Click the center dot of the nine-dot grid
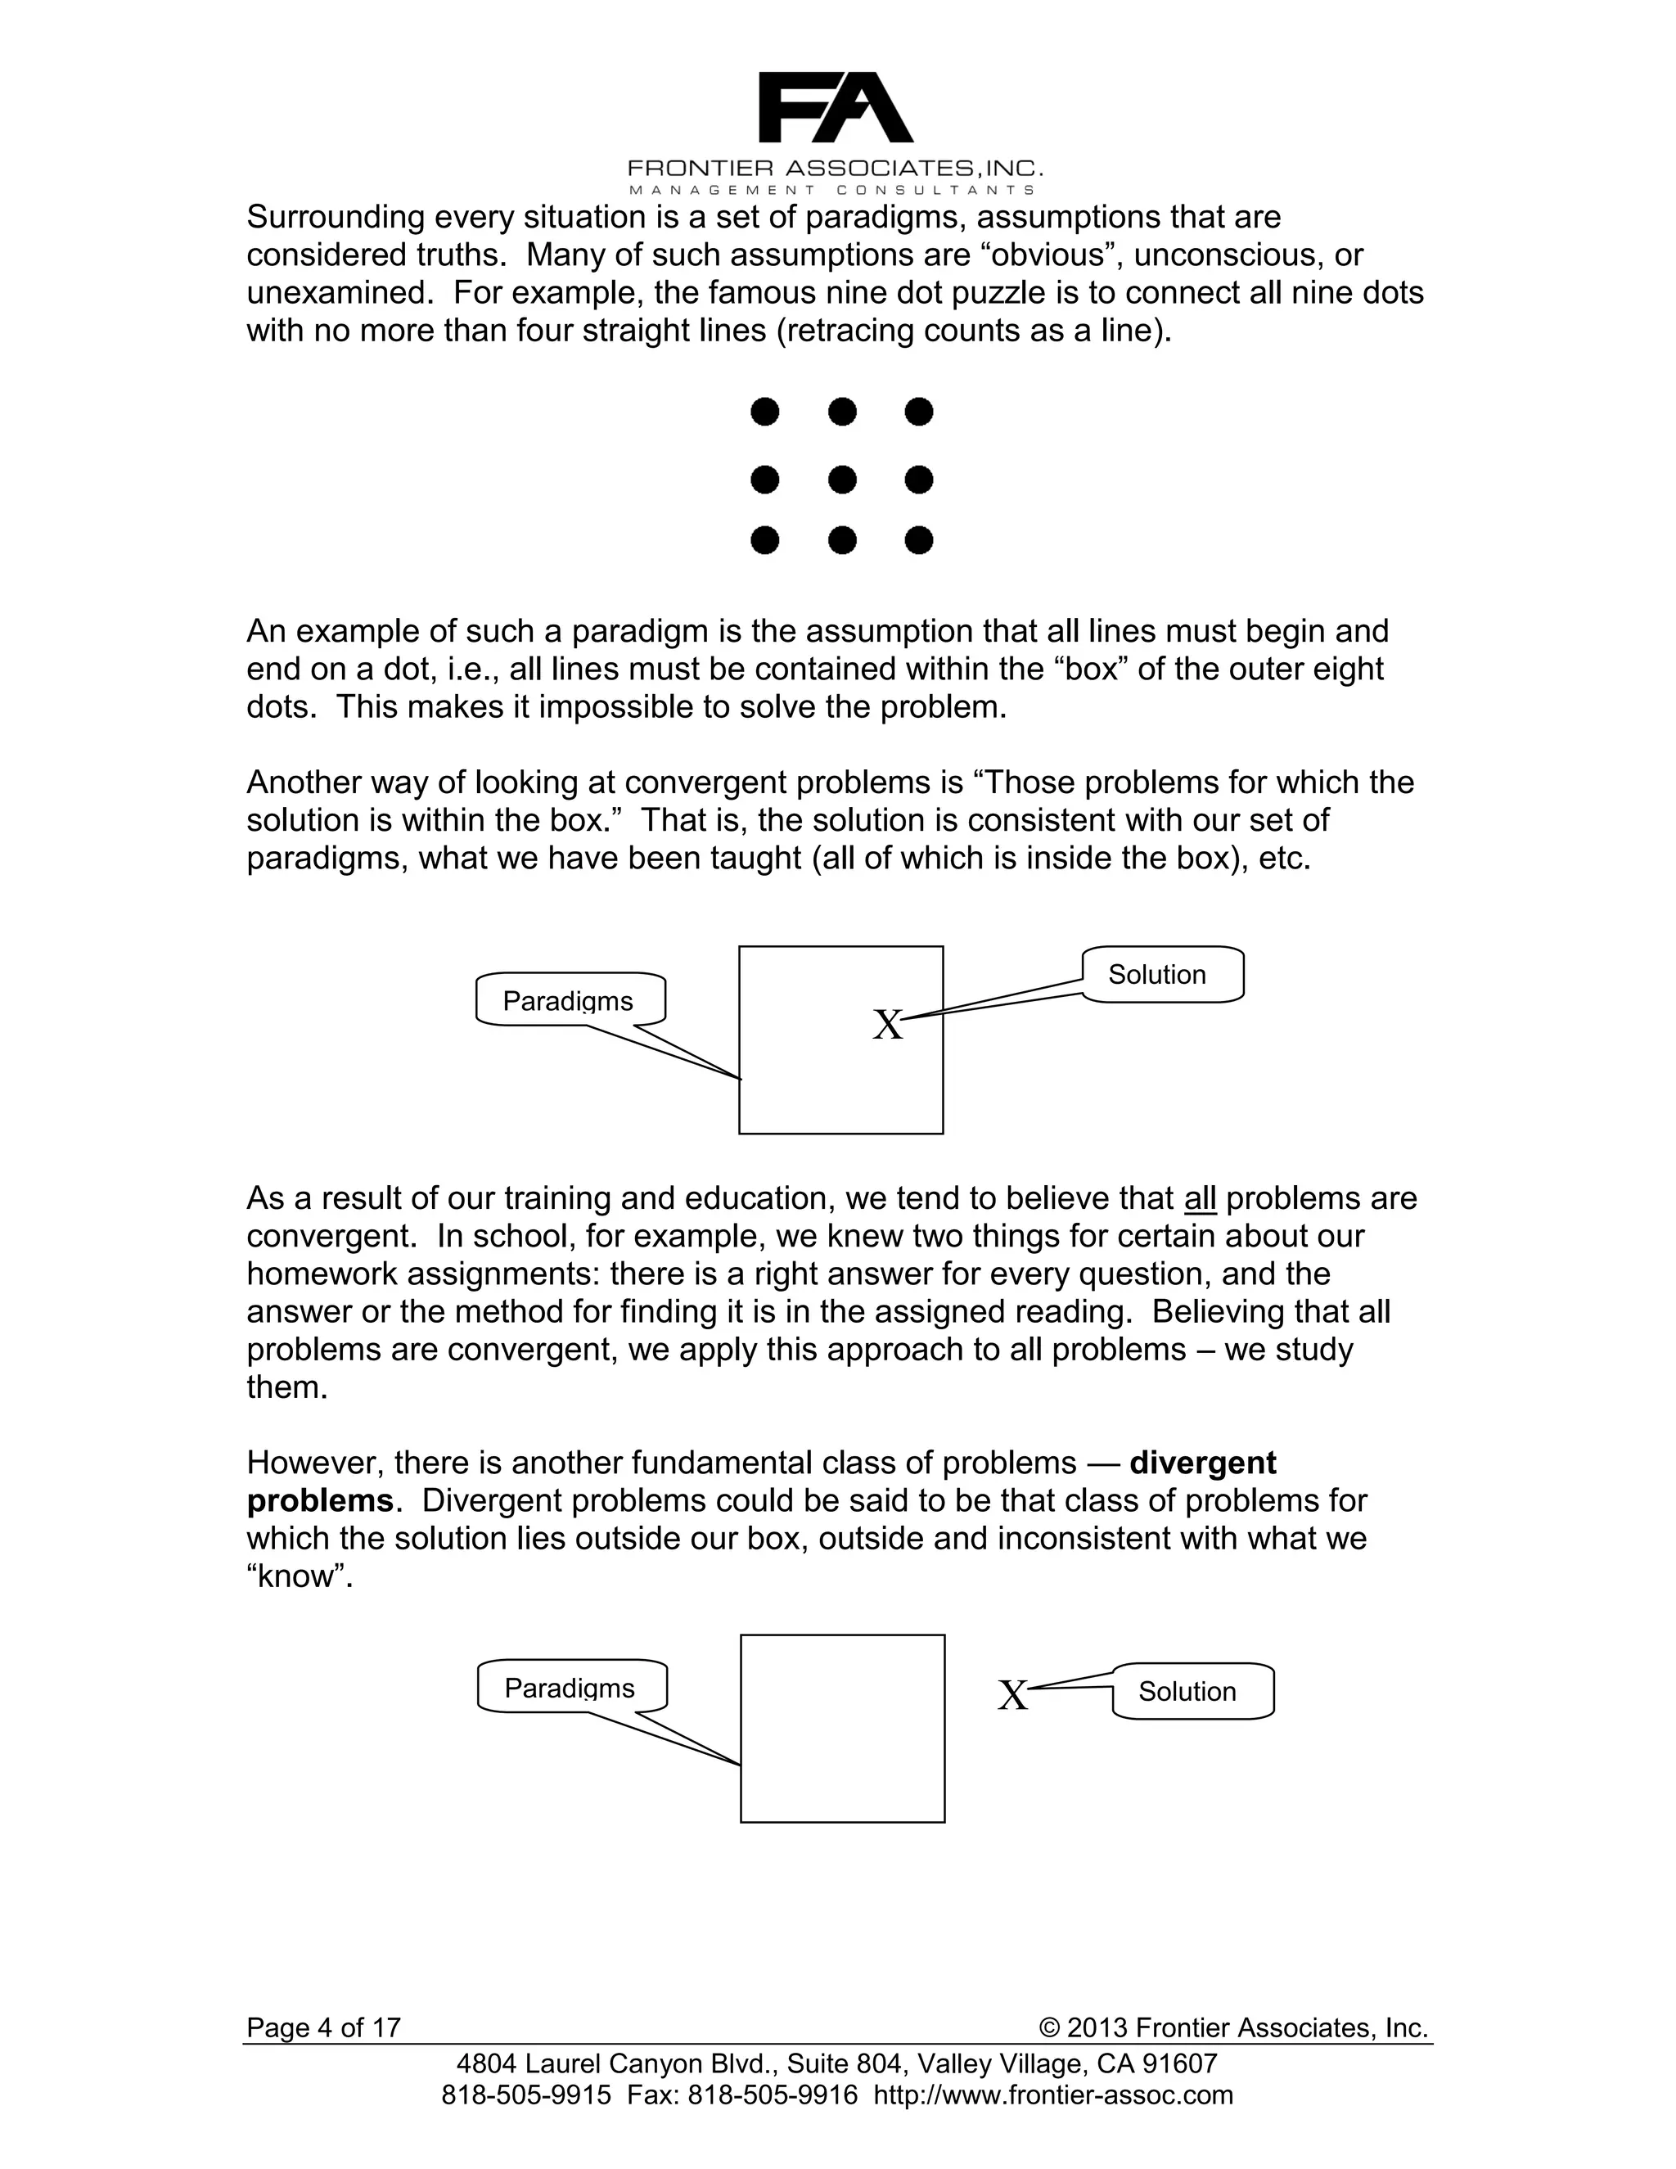[842, 480]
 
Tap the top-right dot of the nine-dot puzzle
[919, 411]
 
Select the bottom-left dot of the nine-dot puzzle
[764, 541]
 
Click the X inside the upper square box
[888, 1025]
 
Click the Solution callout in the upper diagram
[1162, 974]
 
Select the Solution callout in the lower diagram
[1192, 1691]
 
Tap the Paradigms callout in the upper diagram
[570, 1000]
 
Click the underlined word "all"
[1200, 1199]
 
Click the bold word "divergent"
[1202, 1463]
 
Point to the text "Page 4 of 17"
[324, 2027]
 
